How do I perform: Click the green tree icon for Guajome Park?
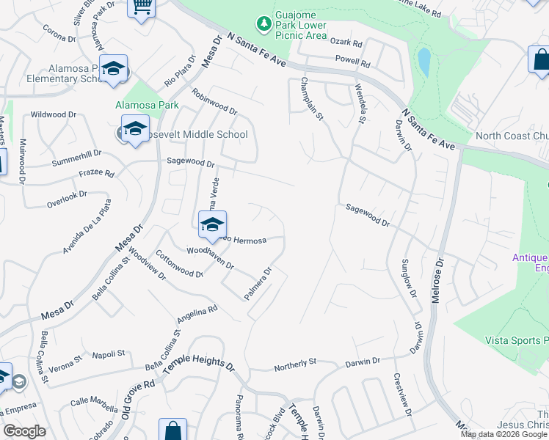[263, 24]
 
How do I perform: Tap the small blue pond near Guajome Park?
[423, 62]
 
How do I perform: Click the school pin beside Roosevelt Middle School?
[135, 129]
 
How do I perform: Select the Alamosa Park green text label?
[147, 105]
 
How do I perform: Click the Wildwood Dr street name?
[54, 115]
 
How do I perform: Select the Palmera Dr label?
[258, 283]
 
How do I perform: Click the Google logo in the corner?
[24, 431]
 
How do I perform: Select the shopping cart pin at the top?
[142, 7]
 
